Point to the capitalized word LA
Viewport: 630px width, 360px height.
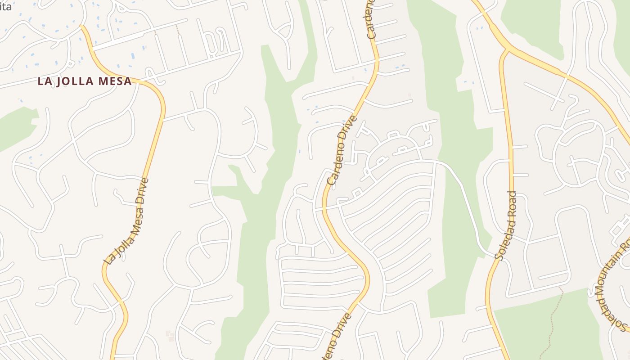coord(44,81)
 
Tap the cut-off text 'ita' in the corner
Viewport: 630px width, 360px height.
coord(5,6)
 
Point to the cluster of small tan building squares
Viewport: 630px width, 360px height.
coord(170,336)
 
